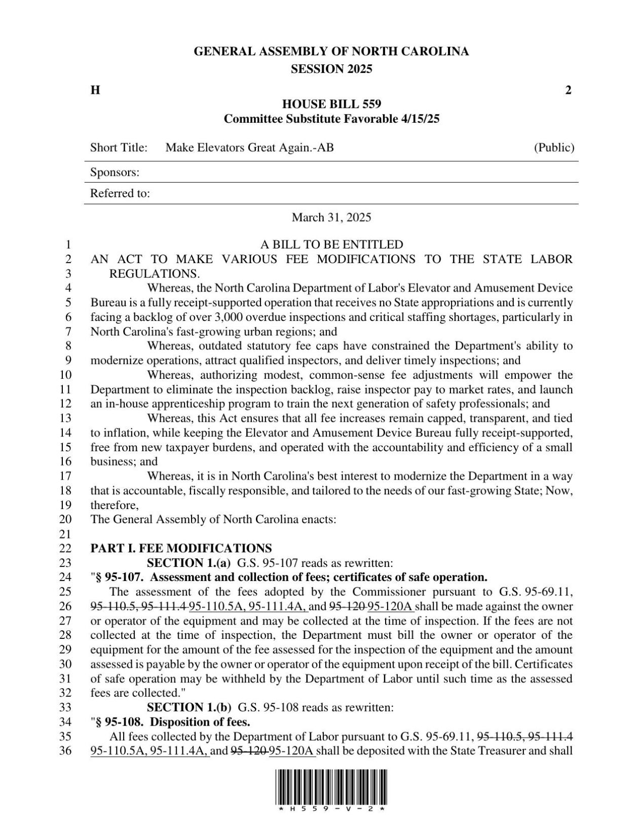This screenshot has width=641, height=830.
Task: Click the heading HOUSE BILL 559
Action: pyautogui.click(x=331, y=104)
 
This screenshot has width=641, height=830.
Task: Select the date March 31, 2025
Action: pyautogui.click(x=331, y=218)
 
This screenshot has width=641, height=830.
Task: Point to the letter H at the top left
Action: pyautogui.click(x=95, y=90)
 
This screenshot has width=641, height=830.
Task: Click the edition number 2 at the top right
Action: pyautogui.click(x=568, y=90)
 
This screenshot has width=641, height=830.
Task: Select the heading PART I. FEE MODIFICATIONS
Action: pyautogui.click(x=181, y=548)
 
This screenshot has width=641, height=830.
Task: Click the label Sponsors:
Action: pyautogui.click(x=115, y=172)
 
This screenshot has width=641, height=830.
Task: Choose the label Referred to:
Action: pyautogui.click(x=120, y=194)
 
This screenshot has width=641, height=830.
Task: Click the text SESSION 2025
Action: pyautogui.click(x=331, y=69)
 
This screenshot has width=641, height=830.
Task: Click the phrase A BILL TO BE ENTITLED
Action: pyautogui.click(x=331, y=244)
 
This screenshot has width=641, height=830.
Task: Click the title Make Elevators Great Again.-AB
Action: pyautogui.click(x=250, y=148)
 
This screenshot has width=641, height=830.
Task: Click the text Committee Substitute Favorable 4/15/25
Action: pyautogui.click(x=331, y=119)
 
